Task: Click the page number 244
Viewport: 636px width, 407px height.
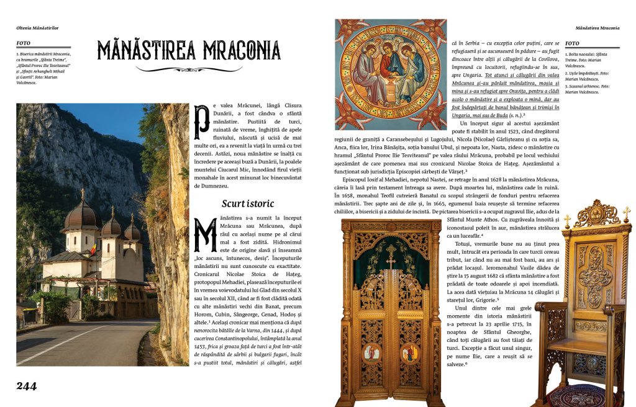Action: [x=27, y=386]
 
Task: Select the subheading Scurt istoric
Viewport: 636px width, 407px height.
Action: [x=248, y=204]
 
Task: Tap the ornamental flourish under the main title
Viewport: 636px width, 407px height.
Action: [x=189, y=69]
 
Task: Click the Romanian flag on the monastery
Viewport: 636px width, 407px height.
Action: [x=93, y=249]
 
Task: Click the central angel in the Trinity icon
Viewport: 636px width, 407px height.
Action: [x=390, y=64]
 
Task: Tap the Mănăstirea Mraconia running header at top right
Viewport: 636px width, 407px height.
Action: [x=597, y=28]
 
